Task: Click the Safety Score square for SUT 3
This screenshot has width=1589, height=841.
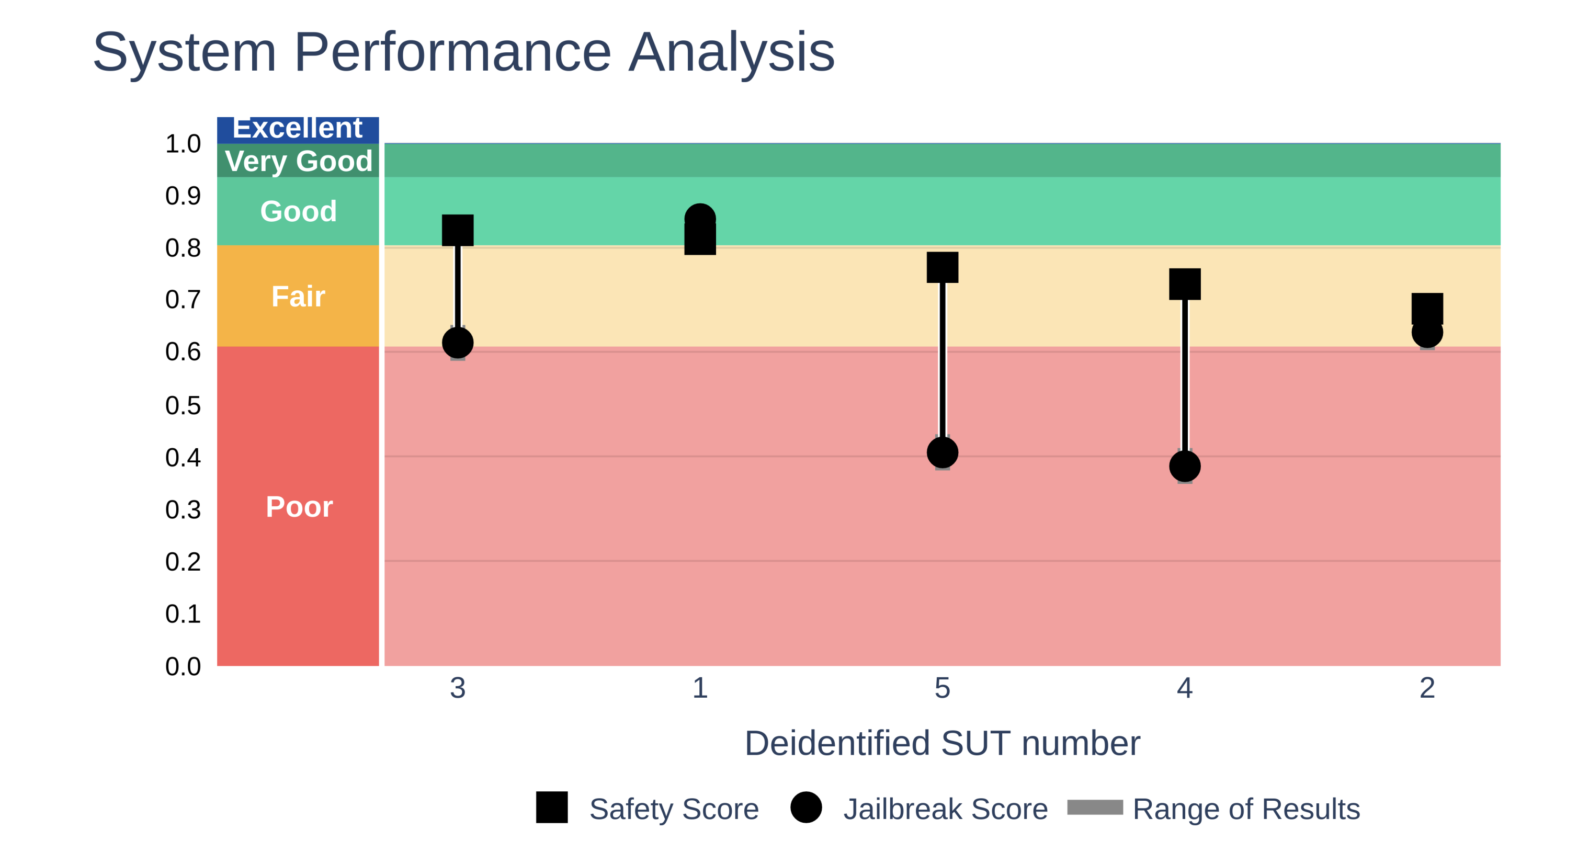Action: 458,230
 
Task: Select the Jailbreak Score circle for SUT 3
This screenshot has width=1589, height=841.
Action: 458,343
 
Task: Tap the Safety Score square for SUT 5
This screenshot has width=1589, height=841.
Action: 943,267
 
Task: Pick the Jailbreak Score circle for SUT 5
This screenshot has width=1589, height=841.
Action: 943,453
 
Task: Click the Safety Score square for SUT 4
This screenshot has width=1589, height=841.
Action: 1185,284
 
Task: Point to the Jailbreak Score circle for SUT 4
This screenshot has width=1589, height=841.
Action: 1185,467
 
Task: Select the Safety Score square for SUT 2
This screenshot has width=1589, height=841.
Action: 1427,308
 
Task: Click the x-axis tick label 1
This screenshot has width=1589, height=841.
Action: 700,688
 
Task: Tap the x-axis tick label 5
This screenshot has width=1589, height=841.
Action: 943,688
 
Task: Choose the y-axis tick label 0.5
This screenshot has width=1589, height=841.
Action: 183,405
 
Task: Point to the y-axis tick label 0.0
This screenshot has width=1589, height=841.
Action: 183,666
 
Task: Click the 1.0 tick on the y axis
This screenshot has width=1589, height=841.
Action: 183,144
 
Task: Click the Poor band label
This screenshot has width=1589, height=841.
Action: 299,507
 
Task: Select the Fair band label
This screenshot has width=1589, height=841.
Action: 299,296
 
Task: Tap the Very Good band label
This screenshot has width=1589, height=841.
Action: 299,161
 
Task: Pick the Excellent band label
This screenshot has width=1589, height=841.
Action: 297,128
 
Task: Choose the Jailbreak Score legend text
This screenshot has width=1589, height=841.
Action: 945,809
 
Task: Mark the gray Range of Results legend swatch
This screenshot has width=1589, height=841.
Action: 1095,807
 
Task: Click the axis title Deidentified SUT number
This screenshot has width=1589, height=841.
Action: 943,743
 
